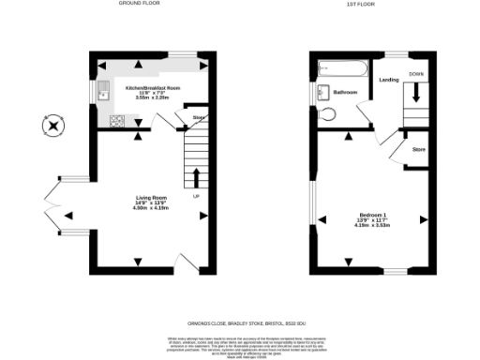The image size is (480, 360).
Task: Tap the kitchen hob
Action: pos(117,119)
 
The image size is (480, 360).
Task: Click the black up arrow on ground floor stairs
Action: pos(197,177)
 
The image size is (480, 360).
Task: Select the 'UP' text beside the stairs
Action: pos(195,197)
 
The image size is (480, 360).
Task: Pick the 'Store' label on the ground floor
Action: pos(199,117)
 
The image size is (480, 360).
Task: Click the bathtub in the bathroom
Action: pos(337,67)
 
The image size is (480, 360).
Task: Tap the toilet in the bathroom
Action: pos(326,114)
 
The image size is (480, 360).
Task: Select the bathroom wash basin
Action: pos(322,92)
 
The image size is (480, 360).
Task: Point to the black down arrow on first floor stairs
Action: pos(416,92)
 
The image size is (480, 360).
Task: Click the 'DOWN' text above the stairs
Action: pos(416,72)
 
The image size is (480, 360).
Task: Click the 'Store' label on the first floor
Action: pos(419,149)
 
